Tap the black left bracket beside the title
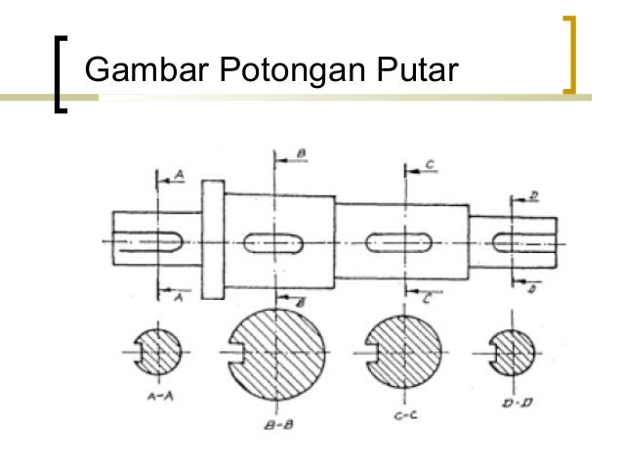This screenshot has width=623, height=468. coord(62,74)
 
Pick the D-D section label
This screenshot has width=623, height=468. coord(513,402)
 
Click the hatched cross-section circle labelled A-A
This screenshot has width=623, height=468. coord(156,352)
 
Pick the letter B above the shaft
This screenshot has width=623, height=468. coord(302,154)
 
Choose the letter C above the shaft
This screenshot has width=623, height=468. coord(431,165)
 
